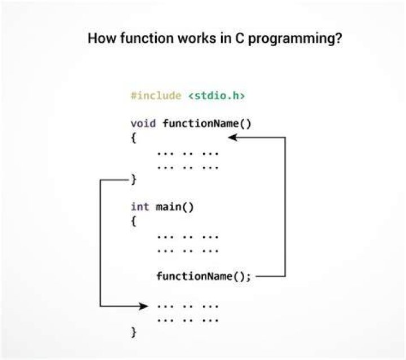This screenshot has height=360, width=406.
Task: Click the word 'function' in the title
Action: [x=147, y=38]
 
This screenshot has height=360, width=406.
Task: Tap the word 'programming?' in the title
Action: [x=295, y=39]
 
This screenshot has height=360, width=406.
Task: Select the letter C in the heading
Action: [x=239, y=38]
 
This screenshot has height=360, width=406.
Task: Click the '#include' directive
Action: [x=156, y=96]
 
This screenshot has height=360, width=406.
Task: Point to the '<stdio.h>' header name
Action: [x=217, y=96]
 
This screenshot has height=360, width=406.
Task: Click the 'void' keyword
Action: [x=143, y=123]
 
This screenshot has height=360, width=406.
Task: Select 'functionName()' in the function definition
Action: [x=207, y=123]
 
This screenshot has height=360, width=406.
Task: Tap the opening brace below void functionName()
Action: [x=133, y=137]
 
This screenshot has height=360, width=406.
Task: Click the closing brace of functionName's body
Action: [x=133, y=179]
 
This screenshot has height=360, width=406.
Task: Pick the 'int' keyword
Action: [x=140, y=207]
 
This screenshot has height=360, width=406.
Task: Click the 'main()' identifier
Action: [x=174, y=207]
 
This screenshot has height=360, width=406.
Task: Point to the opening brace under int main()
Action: [x=133, y=221]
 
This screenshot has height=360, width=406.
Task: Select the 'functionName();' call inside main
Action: [x=204, y=276]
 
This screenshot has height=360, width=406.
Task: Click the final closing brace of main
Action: [x=133, y=332]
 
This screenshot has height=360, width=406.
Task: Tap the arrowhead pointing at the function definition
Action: [x=232, y=137]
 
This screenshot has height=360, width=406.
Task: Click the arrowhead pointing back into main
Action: [x=143, y=306]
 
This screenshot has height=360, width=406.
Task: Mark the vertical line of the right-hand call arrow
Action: [x=285, y=207]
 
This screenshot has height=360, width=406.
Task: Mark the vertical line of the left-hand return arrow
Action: [x=100, y=243]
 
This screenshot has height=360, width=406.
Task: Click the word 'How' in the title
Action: [x=101, y=38]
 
